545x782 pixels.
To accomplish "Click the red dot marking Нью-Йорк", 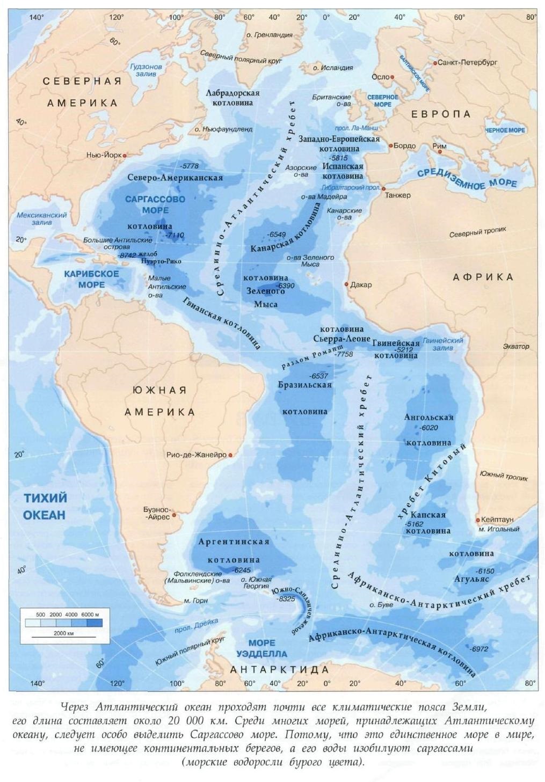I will (x=125, y=155).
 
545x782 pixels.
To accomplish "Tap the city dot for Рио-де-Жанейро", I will (x=230, y=455).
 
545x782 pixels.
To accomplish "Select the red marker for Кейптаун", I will (x=477, y=520).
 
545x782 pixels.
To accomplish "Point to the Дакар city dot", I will (x=346, y=284).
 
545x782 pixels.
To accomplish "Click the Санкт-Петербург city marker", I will (x=435, y=63).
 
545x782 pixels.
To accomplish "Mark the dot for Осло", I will (x=393, y=77).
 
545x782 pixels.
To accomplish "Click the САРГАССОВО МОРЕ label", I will (x=155, y=204).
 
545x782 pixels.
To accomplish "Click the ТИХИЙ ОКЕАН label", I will (x=45, y=507).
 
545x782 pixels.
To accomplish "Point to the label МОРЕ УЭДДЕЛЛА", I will (x=261, y=648).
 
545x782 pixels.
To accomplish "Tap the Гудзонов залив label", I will (x=146, y=70).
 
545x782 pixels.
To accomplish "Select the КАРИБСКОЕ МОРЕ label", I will (x=91, y=279).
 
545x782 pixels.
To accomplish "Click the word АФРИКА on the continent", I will (x=483, y=277).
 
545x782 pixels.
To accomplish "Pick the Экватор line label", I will (x=515, y=347).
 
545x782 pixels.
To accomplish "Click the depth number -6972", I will (x=478, y=649).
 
